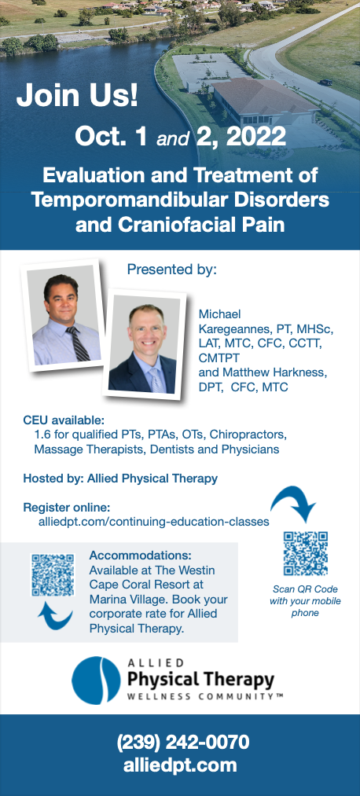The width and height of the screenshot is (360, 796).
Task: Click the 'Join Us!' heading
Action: point(77,96)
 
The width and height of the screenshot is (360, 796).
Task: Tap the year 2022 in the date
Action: point(255,137)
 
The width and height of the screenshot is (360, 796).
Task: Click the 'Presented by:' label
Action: point(171,270)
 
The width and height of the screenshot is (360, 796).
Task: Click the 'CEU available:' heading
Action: point(63,420)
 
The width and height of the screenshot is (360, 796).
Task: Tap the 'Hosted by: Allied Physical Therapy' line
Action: point(120,478)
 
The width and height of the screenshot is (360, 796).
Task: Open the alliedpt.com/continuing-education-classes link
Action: point(153,521)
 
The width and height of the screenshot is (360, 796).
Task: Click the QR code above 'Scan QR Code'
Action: point(305,554)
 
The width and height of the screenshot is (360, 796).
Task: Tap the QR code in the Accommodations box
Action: point(52,576)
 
